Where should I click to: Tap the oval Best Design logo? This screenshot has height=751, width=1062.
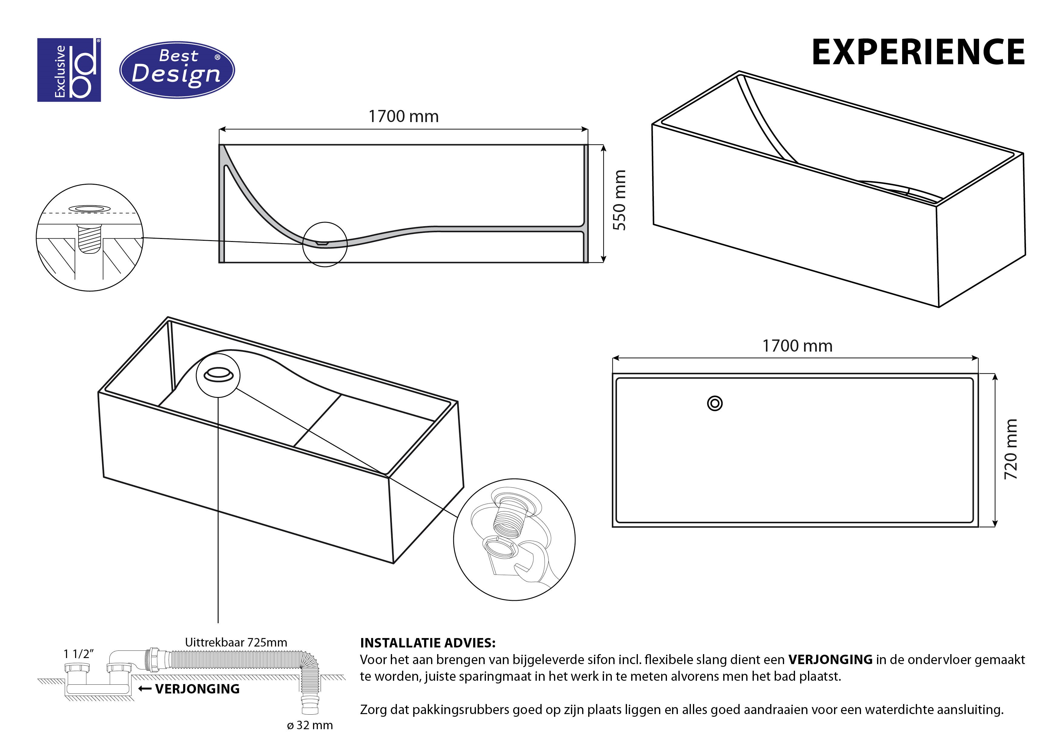[x=177, y=70]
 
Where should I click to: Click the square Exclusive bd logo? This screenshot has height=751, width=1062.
[x=69, y=70]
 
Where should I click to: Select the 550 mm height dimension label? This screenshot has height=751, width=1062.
[x=619, y=200]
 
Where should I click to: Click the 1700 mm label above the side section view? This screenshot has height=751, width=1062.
[x=403, y=117]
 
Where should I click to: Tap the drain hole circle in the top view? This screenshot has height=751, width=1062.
[x=715, y=403]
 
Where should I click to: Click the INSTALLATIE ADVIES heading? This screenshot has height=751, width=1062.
[x=427, y=643]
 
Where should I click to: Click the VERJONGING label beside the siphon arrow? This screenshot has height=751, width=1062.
[x=197, y=689]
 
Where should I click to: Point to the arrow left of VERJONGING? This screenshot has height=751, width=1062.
[x=145, y=689]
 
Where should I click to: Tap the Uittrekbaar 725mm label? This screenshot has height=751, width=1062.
[x=236, y=642]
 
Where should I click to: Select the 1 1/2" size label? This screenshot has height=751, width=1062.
[x=79, y=654]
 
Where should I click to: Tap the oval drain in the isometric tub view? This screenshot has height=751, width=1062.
[x=218, y=374]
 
